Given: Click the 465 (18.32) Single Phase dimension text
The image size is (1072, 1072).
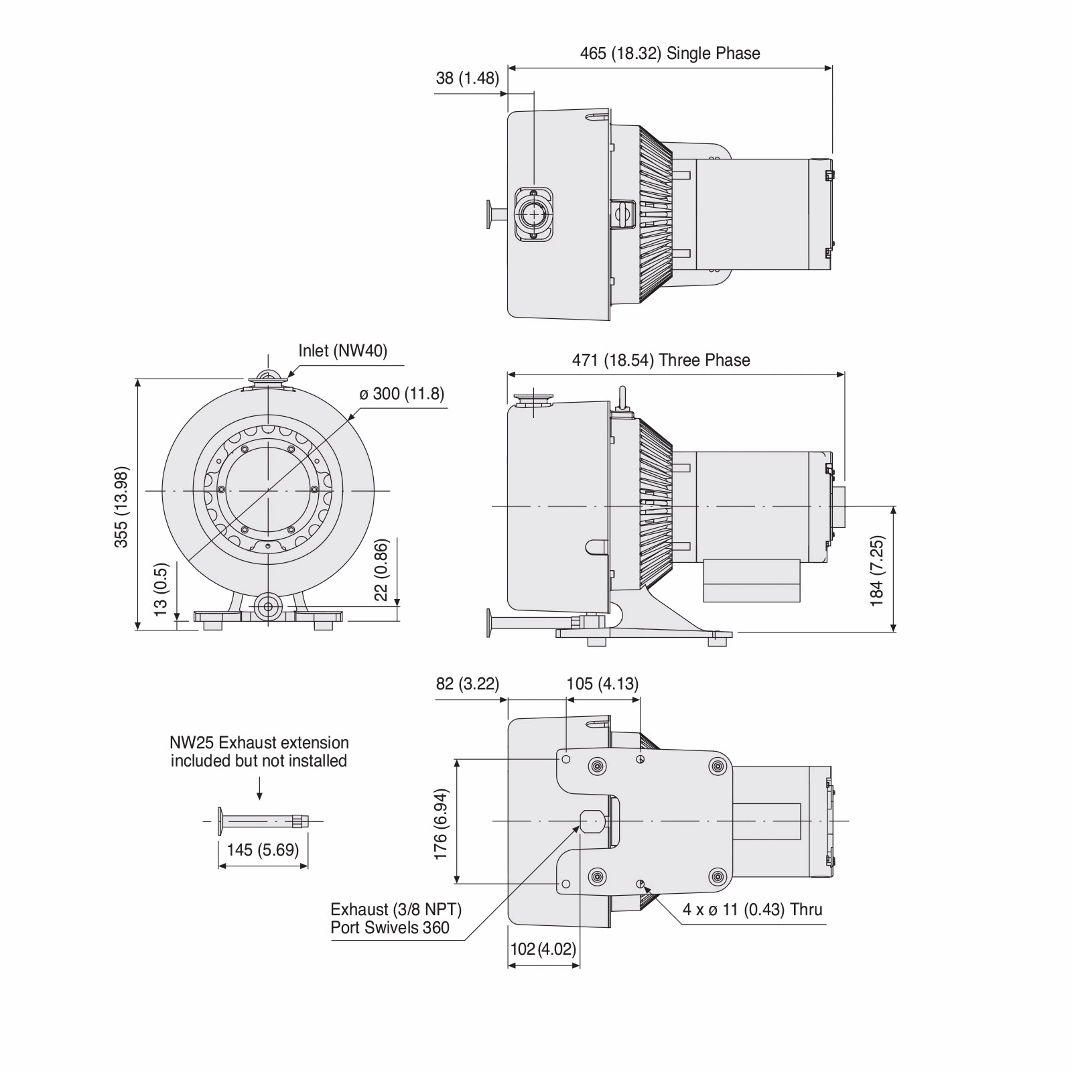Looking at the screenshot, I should tap(669, 54).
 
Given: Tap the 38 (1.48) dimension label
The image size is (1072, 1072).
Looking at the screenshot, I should tap(467, 78).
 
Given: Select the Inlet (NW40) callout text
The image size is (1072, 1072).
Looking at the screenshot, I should tap(342, 350).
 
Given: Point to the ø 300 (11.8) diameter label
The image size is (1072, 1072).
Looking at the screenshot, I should tap(401, 393).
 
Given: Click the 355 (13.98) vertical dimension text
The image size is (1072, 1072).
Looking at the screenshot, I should tap(121, 507).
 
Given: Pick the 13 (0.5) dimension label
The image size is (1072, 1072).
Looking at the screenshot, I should tap(161, 589).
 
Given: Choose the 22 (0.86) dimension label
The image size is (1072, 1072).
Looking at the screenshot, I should tap(381, 569).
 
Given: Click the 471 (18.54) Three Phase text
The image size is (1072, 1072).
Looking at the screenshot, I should tap(661, 360).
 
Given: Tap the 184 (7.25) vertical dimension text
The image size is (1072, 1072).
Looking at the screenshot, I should tap(877, 571).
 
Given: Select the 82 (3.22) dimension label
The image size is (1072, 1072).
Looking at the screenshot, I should tap(467, 683).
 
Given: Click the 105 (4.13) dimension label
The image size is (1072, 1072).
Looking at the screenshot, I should tap(602, 683).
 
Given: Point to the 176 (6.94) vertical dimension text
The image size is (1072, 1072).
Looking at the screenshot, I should tap(440, 824).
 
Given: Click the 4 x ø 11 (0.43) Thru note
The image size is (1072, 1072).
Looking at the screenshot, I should tap(752, 909).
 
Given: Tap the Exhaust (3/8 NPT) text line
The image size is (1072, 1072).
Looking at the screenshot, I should tap(395, 909).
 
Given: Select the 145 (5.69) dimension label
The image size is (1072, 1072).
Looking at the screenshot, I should tap(262, 850).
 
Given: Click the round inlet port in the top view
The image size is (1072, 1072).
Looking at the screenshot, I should tap(533, 214).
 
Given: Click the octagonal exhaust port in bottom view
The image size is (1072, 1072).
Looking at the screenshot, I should tap(592, 820).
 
